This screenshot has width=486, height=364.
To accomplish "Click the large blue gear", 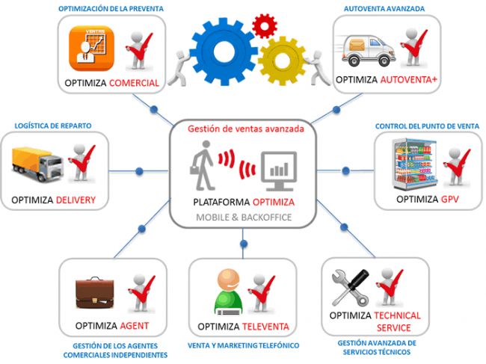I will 222,47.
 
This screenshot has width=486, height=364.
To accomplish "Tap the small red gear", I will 265,26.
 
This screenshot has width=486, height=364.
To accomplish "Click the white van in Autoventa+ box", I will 369,51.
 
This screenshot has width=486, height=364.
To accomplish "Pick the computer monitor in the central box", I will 278,170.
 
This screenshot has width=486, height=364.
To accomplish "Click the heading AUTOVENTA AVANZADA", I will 384,9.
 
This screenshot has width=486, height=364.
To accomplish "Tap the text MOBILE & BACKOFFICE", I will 244,217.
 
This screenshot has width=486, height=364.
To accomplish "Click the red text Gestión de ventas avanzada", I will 245,129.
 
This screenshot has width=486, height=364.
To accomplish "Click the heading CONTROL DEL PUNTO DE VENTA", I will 428,126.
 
